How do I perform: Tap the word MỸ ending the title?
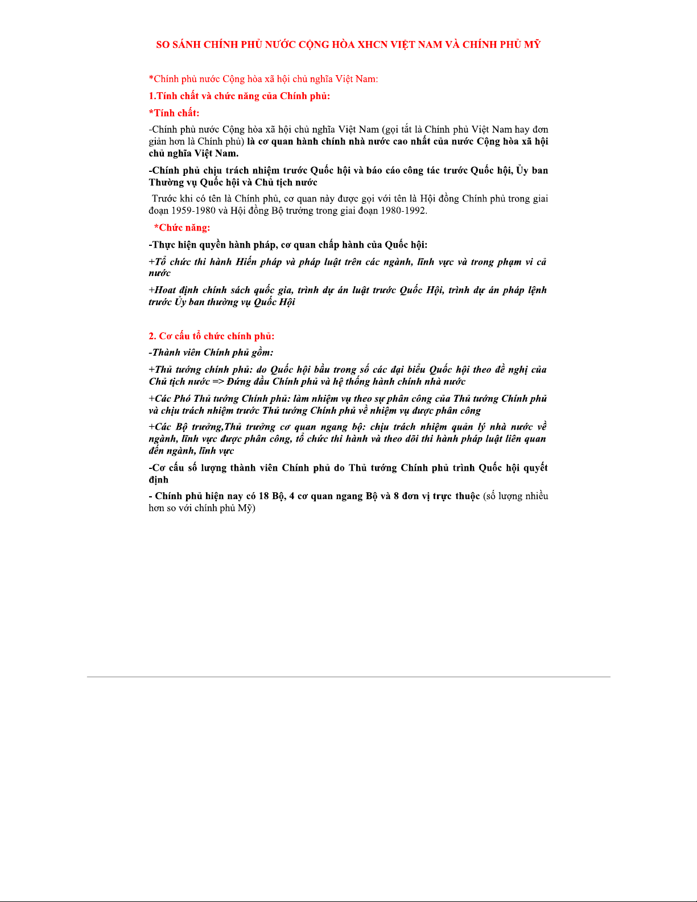tap(533, 44)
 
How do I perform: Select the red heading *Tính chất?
tap(174, 113)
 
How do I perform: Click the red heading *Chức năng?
tap(182, 228)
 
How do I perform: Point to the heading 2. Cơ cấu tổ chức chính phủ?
tap(212, 336)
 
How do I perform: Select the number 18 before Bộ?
tap(263, 496)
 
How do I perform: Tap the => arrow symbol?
tap(218, 381)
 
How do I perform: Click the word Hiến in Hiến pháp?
tap(246, 262)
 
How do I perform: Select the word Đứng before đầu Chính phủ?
tap(240, 381)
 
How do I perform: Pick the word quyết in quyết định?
tap(535, 467)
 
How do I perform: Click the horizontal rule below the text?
tap(348, 677)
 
